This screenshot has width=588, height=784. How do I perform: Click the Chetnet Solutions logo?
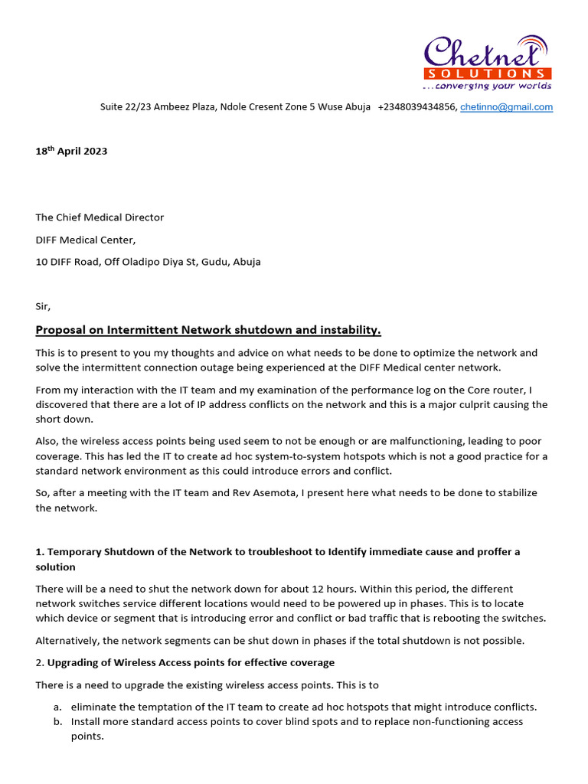tap(488, 61)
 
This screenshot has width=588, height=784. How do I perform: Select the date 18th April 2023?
tap(71, 151)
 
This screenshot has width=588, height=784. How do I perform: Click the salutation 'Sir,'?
tap(43, 306)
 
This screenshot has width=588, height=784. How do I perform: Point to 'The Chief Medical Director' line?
tap(100, 217)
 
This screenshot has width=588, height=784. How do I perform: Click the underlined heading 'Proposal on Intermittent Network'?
tap(208, 330)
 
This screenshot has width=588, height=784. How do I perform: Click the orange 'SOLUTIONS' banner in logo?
tap(487, 73)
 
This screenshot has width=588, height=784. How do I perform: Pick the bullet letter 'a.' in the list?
tap(57, 707)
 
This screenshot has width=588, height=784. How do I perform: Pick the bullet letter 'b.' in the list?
tap(57, 721)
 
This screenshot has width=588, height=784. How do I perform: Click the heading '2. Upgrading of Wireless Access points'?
tap(185, 662)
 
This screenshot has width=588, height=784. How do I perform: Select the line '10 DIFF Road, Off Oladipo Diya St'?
tap(148, 262)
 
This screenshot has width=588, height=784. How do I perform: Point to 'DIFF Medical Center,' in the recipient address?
tap(86, 240)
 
